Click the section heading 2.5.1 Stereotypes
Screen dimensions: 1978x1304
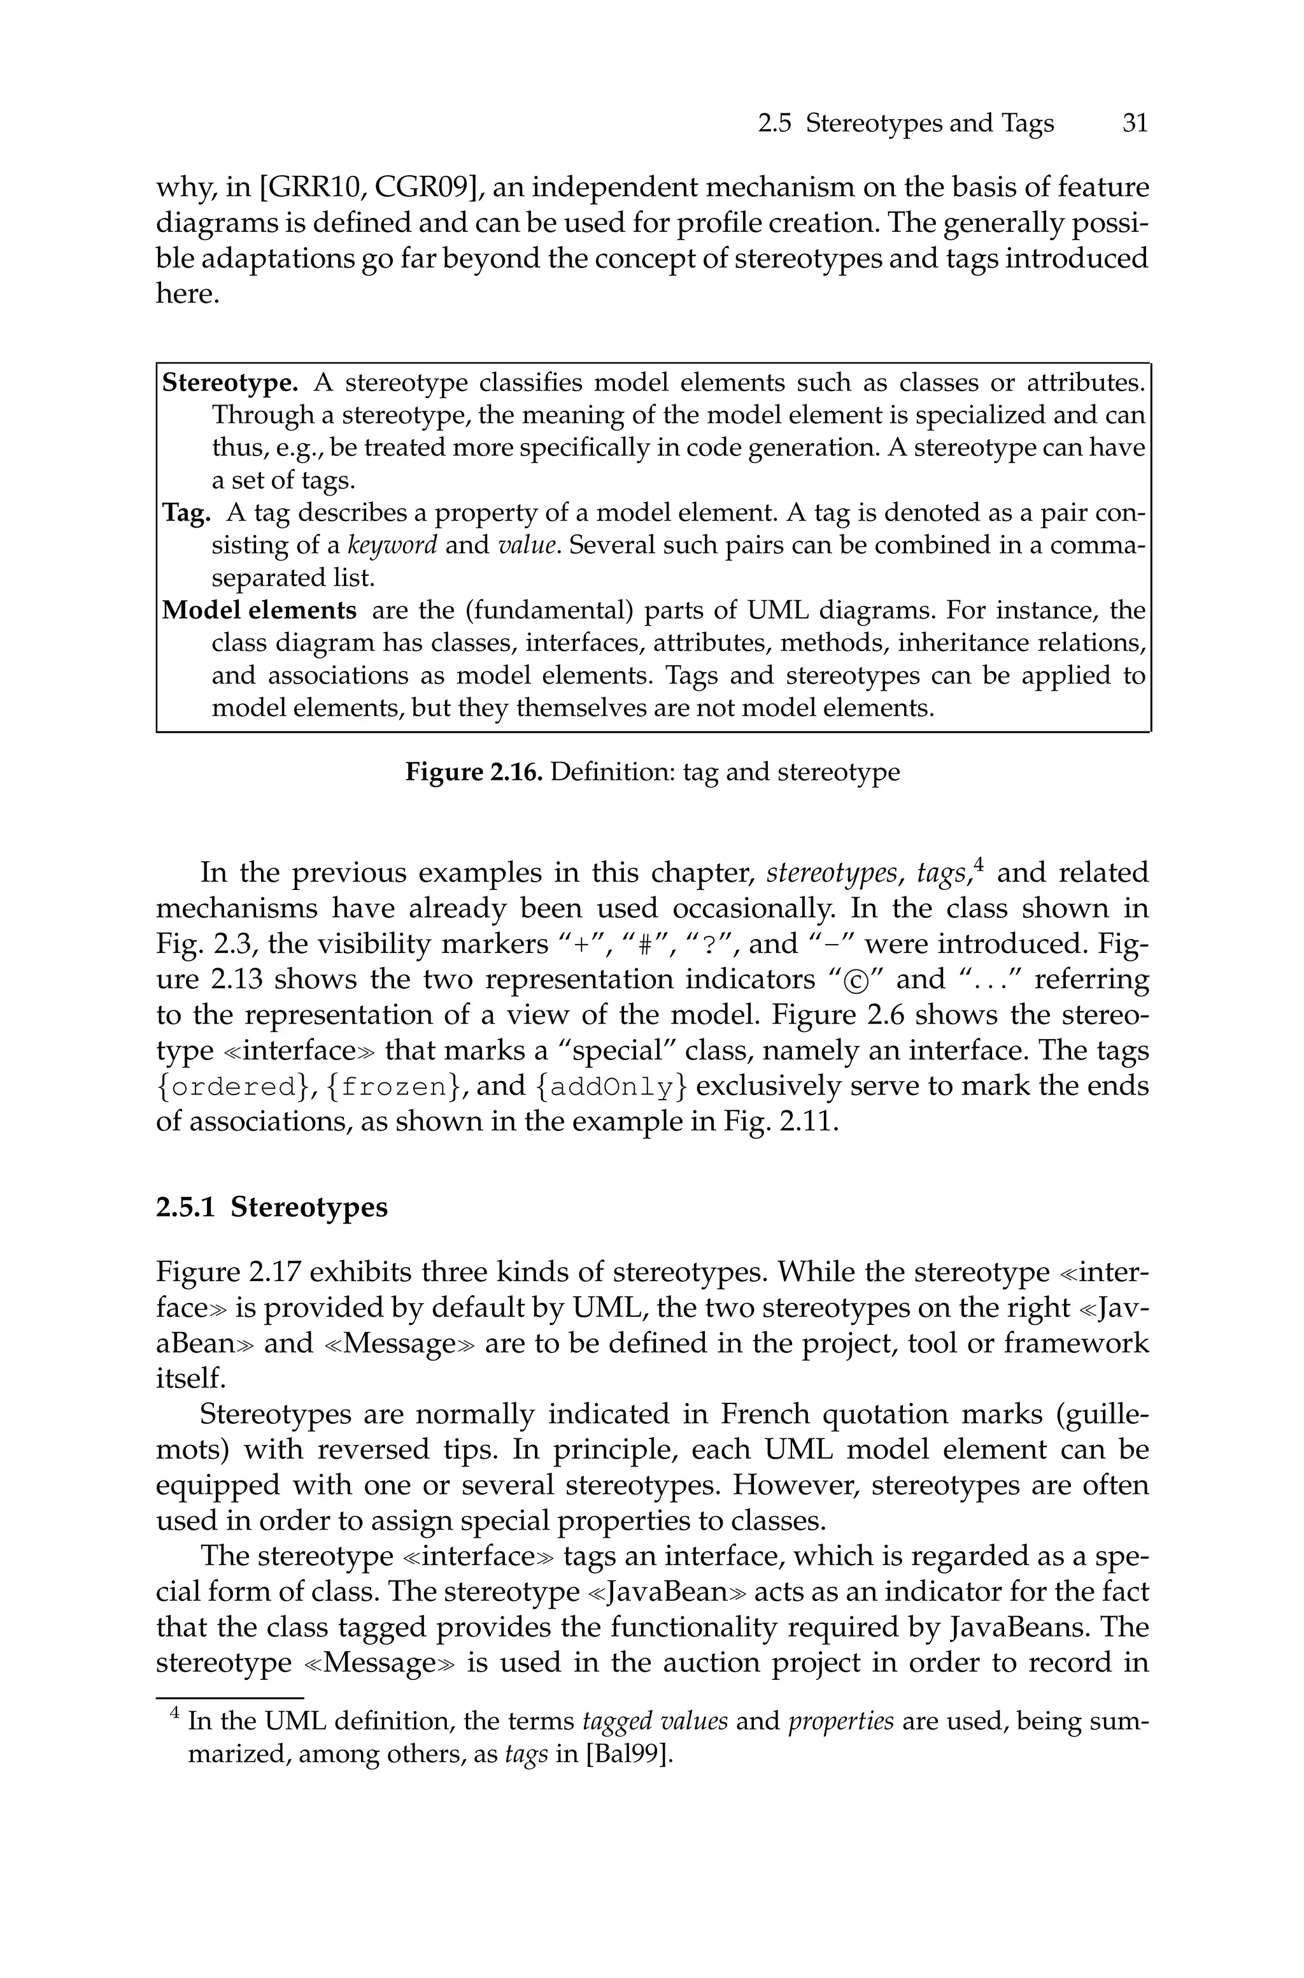[x=271, y=1207]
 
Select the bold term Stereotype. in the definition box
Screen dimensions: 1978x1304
[x=229, y=383]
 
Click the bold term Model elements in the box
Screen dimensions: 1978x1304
[x=259, y=610]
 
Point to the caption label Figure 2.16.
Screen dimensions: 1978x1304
[x=473, y=772]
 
